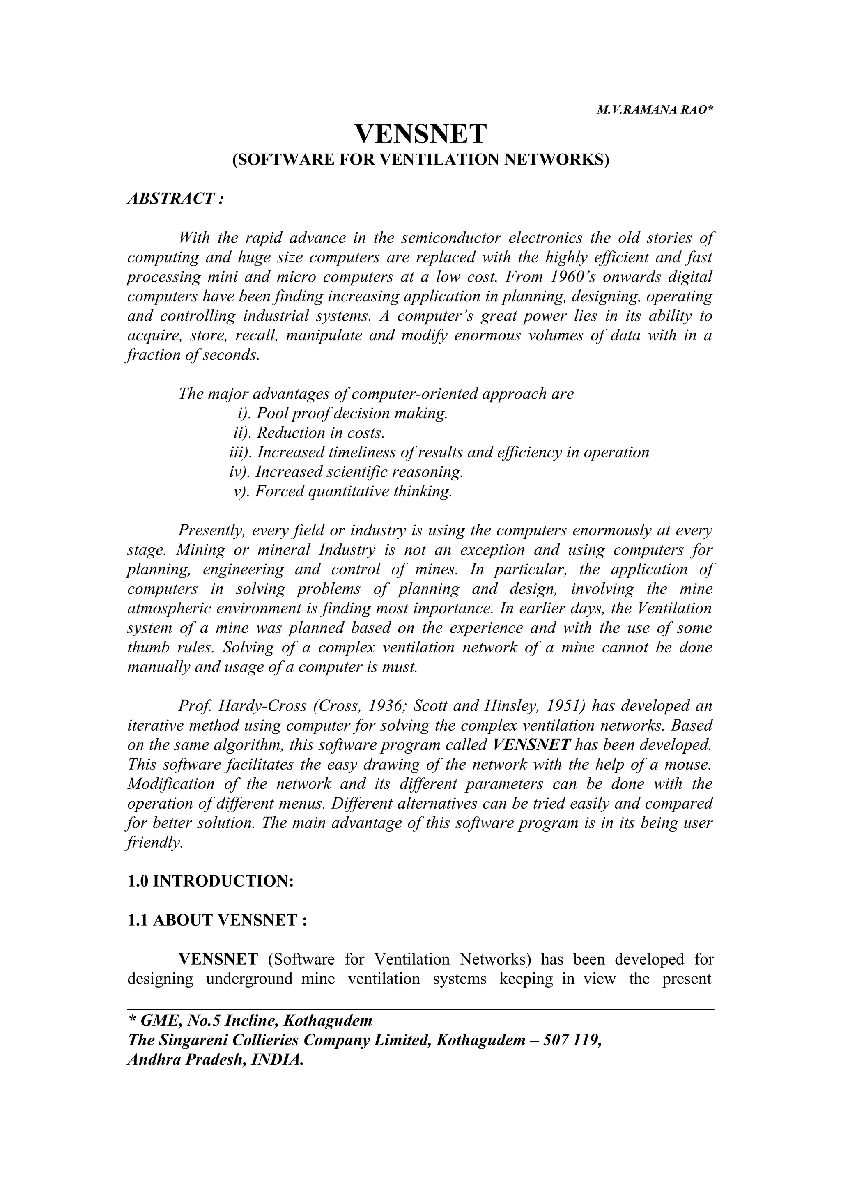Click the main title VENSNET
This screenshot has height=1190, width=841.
[x=420, y=134]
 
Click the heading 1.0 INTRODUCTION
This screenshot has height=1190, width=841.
[x=210, y=881]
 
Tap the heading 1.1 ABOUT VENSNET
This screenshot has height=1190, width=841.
[x=217, y=921]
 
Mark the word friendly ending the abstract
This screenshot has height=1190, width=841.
[x=154, y=842]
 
